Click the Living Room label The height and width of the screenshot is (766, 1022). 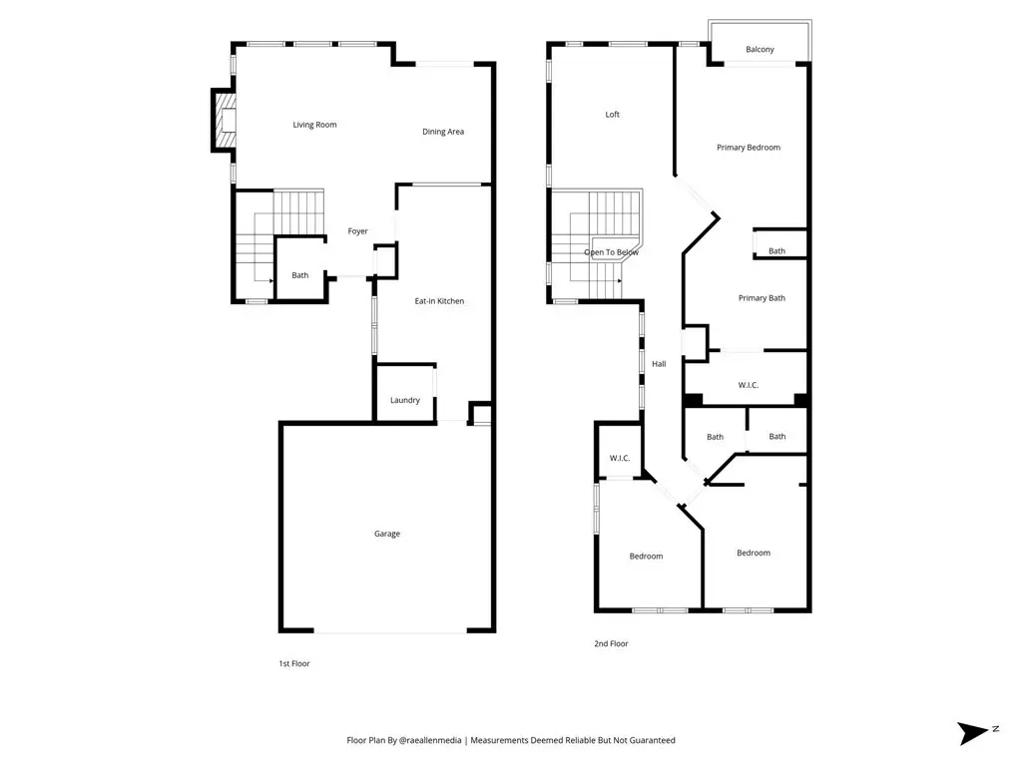314,125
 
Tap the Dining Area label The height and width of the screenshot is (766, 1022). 443,132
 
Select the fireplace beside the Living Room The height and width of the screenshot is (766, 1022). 223,121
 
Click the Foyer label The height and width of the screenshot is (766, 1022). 358,231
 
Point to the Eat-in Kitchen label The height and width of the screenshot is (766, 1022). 439,301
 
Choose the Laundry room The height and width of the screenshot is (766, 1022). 405,393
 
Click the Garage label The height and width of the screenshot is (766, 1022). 387,534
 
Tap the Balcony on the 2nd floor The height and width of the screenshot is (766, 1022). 760,42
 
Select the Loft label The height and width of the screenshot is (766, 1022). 613,115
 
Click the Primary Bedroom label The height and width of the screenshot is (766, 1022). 749,148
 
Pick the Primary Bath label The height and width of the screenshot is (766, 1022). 762,297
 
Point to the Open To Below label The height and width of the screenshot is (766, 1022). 612,252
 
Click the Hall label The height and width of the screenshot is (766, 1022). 659,364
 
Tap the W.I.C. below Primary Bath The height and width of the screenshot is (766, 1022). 749,385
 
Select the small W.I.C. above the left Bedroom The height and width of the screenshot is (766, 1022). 620,458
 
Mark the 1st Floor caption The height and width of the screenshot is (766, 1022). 294,663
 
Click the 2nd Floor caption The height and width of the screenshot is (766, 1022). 612,643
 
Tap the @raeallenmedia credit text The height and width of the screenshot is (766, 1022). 429,740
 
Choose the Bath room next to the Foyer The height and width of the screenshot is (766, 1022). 300,269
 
